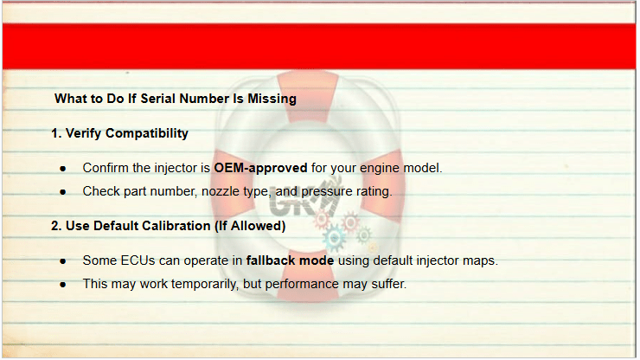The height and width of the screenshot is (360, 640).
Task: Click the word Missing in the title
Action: point(272,99)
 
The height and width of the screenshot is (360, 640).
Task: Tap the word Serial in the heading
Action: point(158,99)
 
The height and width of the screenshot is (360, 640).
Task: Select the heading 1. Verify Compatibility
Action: point(119,133)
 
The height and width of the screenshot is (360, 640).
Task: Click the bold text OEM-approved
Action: point(260,168)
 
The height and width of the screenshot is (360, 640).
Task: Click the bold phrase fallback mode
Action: point(290,260)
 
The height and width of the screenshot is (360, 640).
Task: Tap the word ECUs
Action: point(138,260)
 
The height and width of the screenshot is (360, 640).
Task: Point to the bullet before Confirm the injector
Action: point(62,169)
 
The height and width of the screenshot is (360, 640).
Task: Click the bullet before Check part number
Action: point(62,191)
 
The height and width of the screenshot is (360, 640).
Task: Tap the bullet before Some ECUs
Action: point(62,261)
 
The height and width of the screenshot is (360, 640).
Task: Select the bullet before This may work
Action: point(62,285)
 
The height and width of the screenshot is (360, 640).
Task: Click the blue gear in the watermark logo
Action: point(335,238)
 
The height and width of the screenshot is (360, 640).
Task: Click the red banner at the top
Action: point(319,46)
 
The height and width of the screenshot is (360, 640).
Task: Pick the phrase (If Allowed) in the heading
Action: point(250,226)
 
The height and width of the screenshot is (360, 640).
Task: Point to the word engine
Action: point(380,169)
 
